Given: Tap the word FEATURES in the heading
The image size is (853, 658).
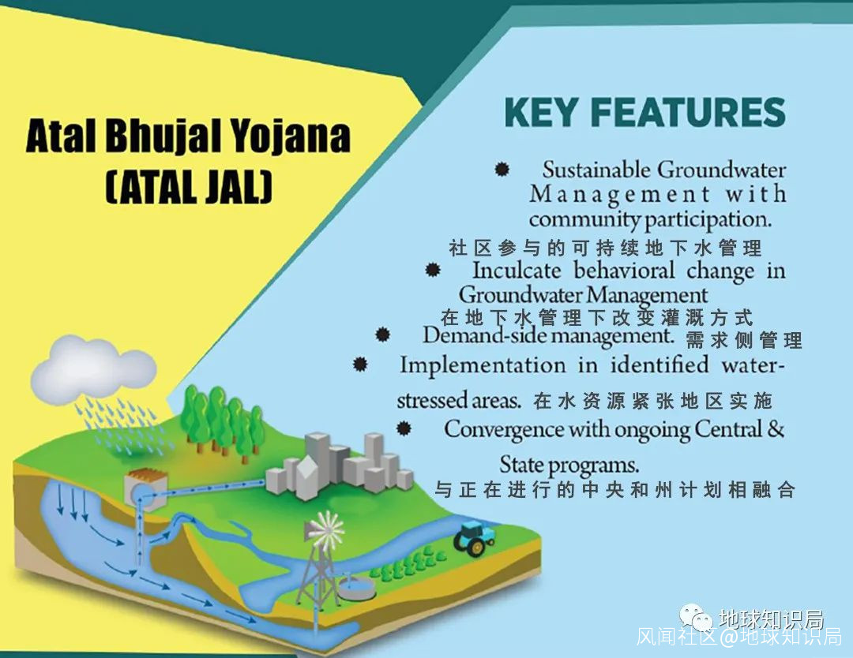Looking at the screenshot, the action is tap(688, 113).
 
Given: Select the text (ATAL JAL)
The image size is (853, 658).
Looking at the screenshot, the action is tap(188, 187).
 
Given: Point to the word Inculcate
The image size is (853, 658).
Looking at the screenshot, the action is tap(517, 270).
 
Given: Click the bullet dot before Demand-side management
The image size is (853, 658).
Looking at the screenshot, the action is tap(382, 335).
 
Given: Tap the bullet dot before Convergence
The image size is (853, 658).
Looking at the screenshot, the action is tap(403, 428).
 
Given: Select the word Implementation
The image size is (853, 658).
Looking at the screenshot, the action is tap(483, 365).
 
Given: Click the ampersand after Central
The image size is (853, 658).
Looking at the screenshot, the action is tap(776, 429).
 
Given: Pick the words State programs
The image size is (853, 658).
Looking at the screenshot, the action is tap(569, 465).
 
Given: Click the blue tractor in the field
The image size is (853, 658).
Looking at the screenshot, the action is tap(474, 538).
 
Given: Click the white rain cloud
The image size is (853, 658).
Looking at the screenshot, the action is tap(92, 367).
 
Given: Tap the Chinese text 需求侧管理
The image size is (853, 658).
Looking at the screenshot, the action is tap(744, 341).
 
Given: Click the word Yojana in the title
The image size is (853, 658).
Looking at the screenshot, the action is tap(289, 136).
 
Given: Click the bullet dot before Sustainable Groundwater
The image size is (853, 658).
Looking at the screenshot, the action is tap(502, 169).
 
